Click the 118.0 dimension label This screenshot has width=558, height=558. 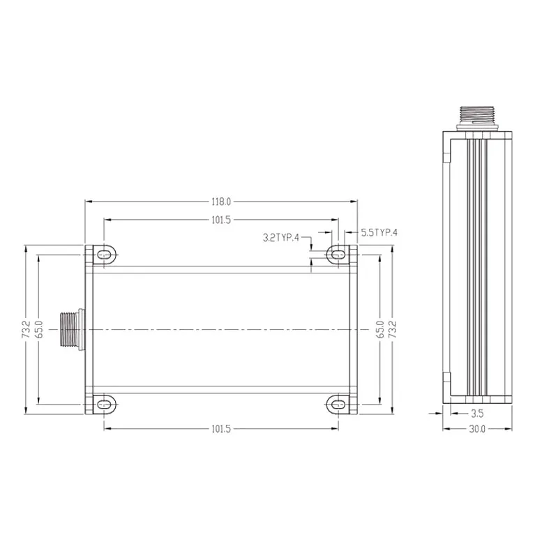tap(221, 202)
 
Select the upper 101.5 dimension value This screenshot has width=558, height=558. tap(221, 220)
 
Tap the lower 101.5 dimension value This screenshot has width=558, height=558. tap(221, 429)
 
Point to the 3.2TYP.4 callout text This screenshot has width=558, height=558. tap(281, 237)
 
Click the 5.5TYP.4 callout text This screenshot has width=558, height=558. tap(379, 233)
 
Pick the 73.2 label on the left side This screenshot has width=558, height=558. tap(25, 329)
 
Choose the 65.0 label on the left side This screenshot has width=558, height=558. tap(39, 329)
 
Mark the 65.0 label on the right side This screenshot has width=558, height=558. tap(379, 329)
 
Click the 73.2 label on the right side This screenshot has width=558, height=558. tap(392, 329)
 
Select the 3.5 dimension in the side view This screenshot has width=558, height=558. tap(477, 414)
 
